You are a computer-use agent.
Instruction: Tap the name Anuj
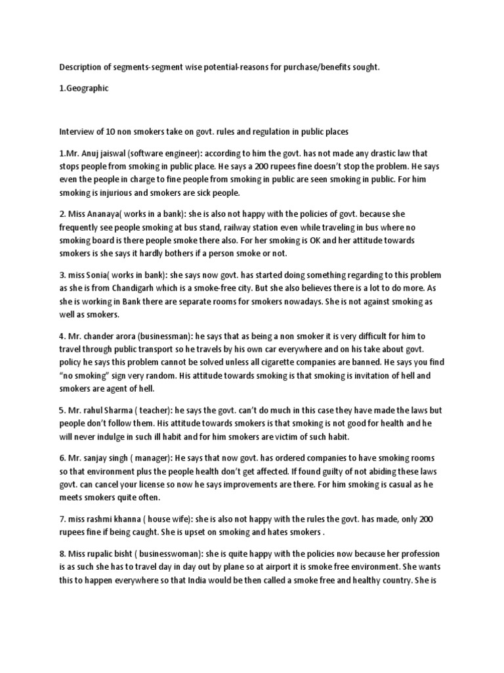pos(93,154)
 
